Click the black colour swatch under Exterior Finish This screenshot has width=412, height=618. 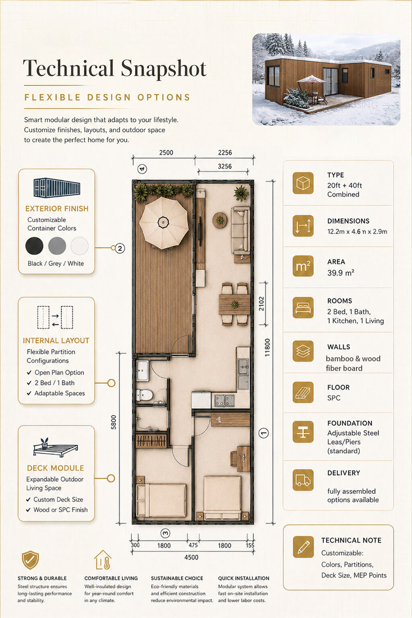(x=34, y=245)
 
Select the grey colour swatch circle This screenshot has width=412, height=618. (x=57, y=245)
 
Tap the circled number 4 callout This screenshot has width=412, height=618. (x=142, y=169)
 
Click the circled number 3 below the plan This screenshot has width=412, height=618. (x=165, y=533)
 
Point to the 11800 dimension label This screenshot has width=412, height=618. (x=268, y=347)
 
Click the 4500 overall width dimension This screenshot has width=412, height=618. (x=192, y=557)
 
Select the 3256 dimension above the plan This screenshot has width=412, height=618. (x=225, y=166)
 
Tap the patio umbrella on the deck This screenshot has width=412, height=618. (x=164, y=223)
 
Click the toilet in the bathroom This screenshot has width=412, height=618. (x=144, y=395)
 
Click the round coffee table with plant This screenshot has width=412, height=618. (x=220, y=220)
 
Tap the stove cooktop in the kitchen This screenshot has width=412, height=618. (x=225, y=401)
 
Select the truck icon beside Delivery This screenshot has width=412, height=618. (x=303, y=480)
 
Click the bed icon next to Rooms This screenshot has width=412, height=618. (x=303, y=307)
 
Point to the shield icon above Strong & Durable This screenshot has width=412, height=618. (x=30, y=560)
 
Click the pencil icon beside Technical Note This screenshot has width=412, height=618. (x=303, y=547)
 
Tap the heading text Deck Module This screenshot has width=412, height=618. (x=56, y=468)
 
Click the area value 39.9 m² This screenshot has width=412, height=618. (x=341, y=273)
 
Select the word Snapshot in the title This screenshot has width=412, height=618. (x=164, y=68)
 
